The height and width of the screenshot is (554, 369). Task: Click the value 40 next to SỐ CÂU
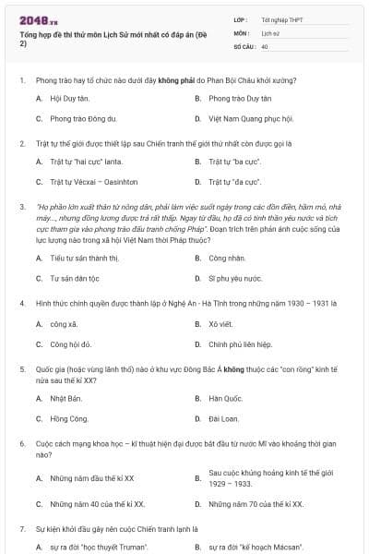(265, 45)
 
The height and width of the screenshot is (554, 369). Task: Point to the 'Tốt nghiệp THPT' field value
(281, 19)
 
